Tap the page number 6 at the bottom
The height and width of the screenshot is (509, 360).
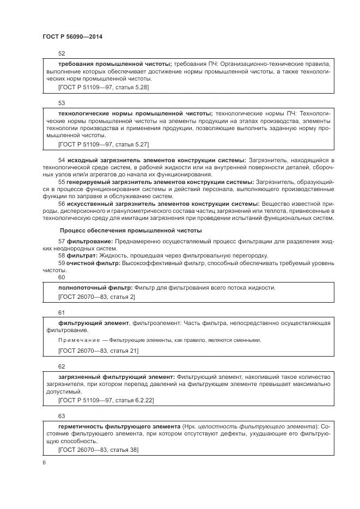coord(44,462)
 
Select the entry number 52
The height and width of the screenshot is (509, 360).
coord(62,53)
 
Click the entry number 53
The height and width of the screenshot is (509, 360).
coord(62,102)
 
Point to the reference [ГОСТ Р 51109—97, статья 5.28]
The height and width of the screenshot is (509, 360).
coord(103,87)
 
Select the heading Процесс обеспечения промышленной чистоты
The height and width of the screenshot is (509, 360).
coord(130,230)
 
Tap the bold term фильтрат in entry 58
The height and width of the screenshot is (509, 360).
coord(82,255)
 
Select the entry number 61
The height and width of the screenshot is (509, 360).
coord(62,313)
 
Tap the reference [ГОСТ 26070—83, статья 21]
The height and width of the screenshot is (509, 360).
coord(98,350)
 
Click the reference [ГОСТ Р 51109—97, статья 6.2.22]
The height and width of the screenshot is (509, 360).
coord(106,400)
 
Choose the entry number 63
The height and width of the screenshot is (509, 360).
coord(62,416)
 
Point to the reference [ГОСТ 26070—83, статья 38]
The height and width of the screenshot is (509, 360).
coord(98,449)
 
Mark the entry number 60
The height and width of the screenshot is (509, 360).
coord(62,277)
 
